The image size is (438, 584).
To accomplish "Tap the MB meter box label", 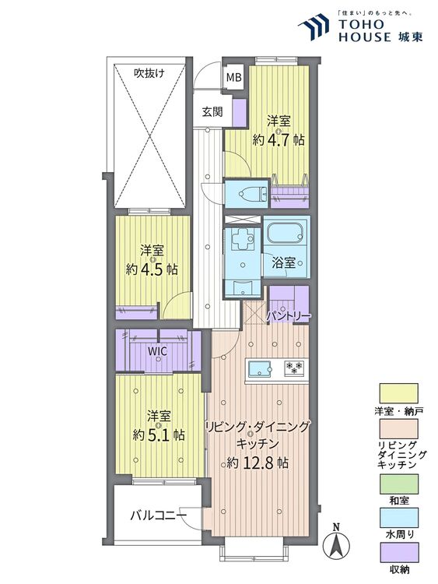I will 233,77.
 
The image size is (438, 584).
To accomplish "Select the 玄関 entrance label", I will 212,111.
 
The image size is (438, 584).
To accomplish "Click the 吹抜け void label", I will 149,73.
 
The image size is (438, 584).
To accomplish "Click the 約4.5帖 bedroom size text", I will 152,269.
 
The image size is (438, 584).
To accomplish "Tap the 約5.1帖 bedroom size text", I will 159,434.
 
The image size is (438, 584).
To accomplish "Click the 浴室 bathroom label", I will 283,262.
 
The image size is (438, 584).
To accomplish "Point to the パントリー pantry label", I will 289,316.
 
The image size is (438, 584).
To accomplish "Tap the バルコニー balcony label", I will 158,515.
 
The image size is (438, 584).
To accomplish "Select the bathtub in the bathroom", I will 285,233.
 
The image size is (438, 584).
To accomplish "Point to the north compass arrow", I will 337,542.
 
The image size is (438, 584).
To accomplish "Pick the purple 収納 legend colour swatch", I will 399,554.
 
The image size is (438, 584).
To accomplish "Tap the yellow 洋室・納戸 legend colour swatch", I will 399,392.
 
